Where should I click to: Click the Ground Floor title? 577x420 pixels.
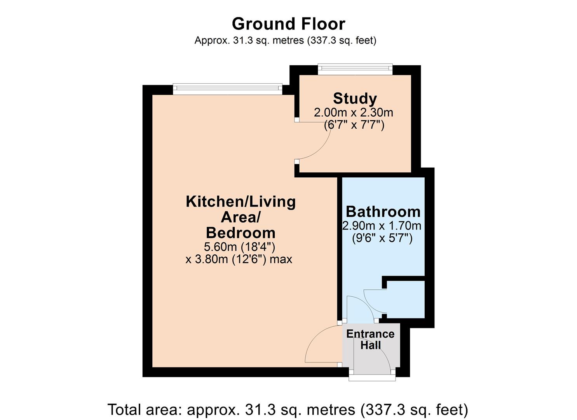point(288,24)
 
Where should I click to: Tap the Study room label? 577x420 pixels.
point(355,98)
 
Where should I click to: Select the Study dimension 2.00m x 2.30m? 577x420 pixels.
point(353,113)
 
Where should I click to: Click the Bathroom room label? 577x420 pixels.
point(383,212)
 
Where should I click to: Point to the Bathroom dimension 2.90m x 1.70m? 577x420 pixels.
point(382,226)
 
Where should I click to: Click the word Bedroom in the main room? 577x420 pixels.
point(241,233)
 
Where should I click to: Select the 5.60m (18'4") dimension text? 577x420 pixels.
point(239,247)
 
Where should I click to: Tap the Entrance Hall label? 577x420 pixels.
point(370,339)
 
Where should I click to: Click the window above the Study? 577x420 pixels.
point(355,70)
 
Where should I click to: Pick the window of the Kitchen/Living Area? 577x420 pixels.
point(227,89)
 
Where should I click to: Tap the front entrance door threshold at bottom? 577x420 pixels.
point(372,377)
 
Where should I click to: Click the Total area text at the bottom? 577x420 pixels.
point(288,409)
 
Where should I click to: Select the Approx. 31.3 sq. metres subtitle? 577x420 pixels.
point(285,40)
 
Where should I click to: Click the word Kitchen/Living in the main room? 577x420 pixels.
point(241,201)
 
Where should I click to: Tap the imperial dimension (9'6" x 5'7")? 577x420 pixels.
point(382,238)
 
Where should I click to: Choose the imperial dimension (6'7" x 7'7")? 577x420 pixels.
point(354,125)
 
